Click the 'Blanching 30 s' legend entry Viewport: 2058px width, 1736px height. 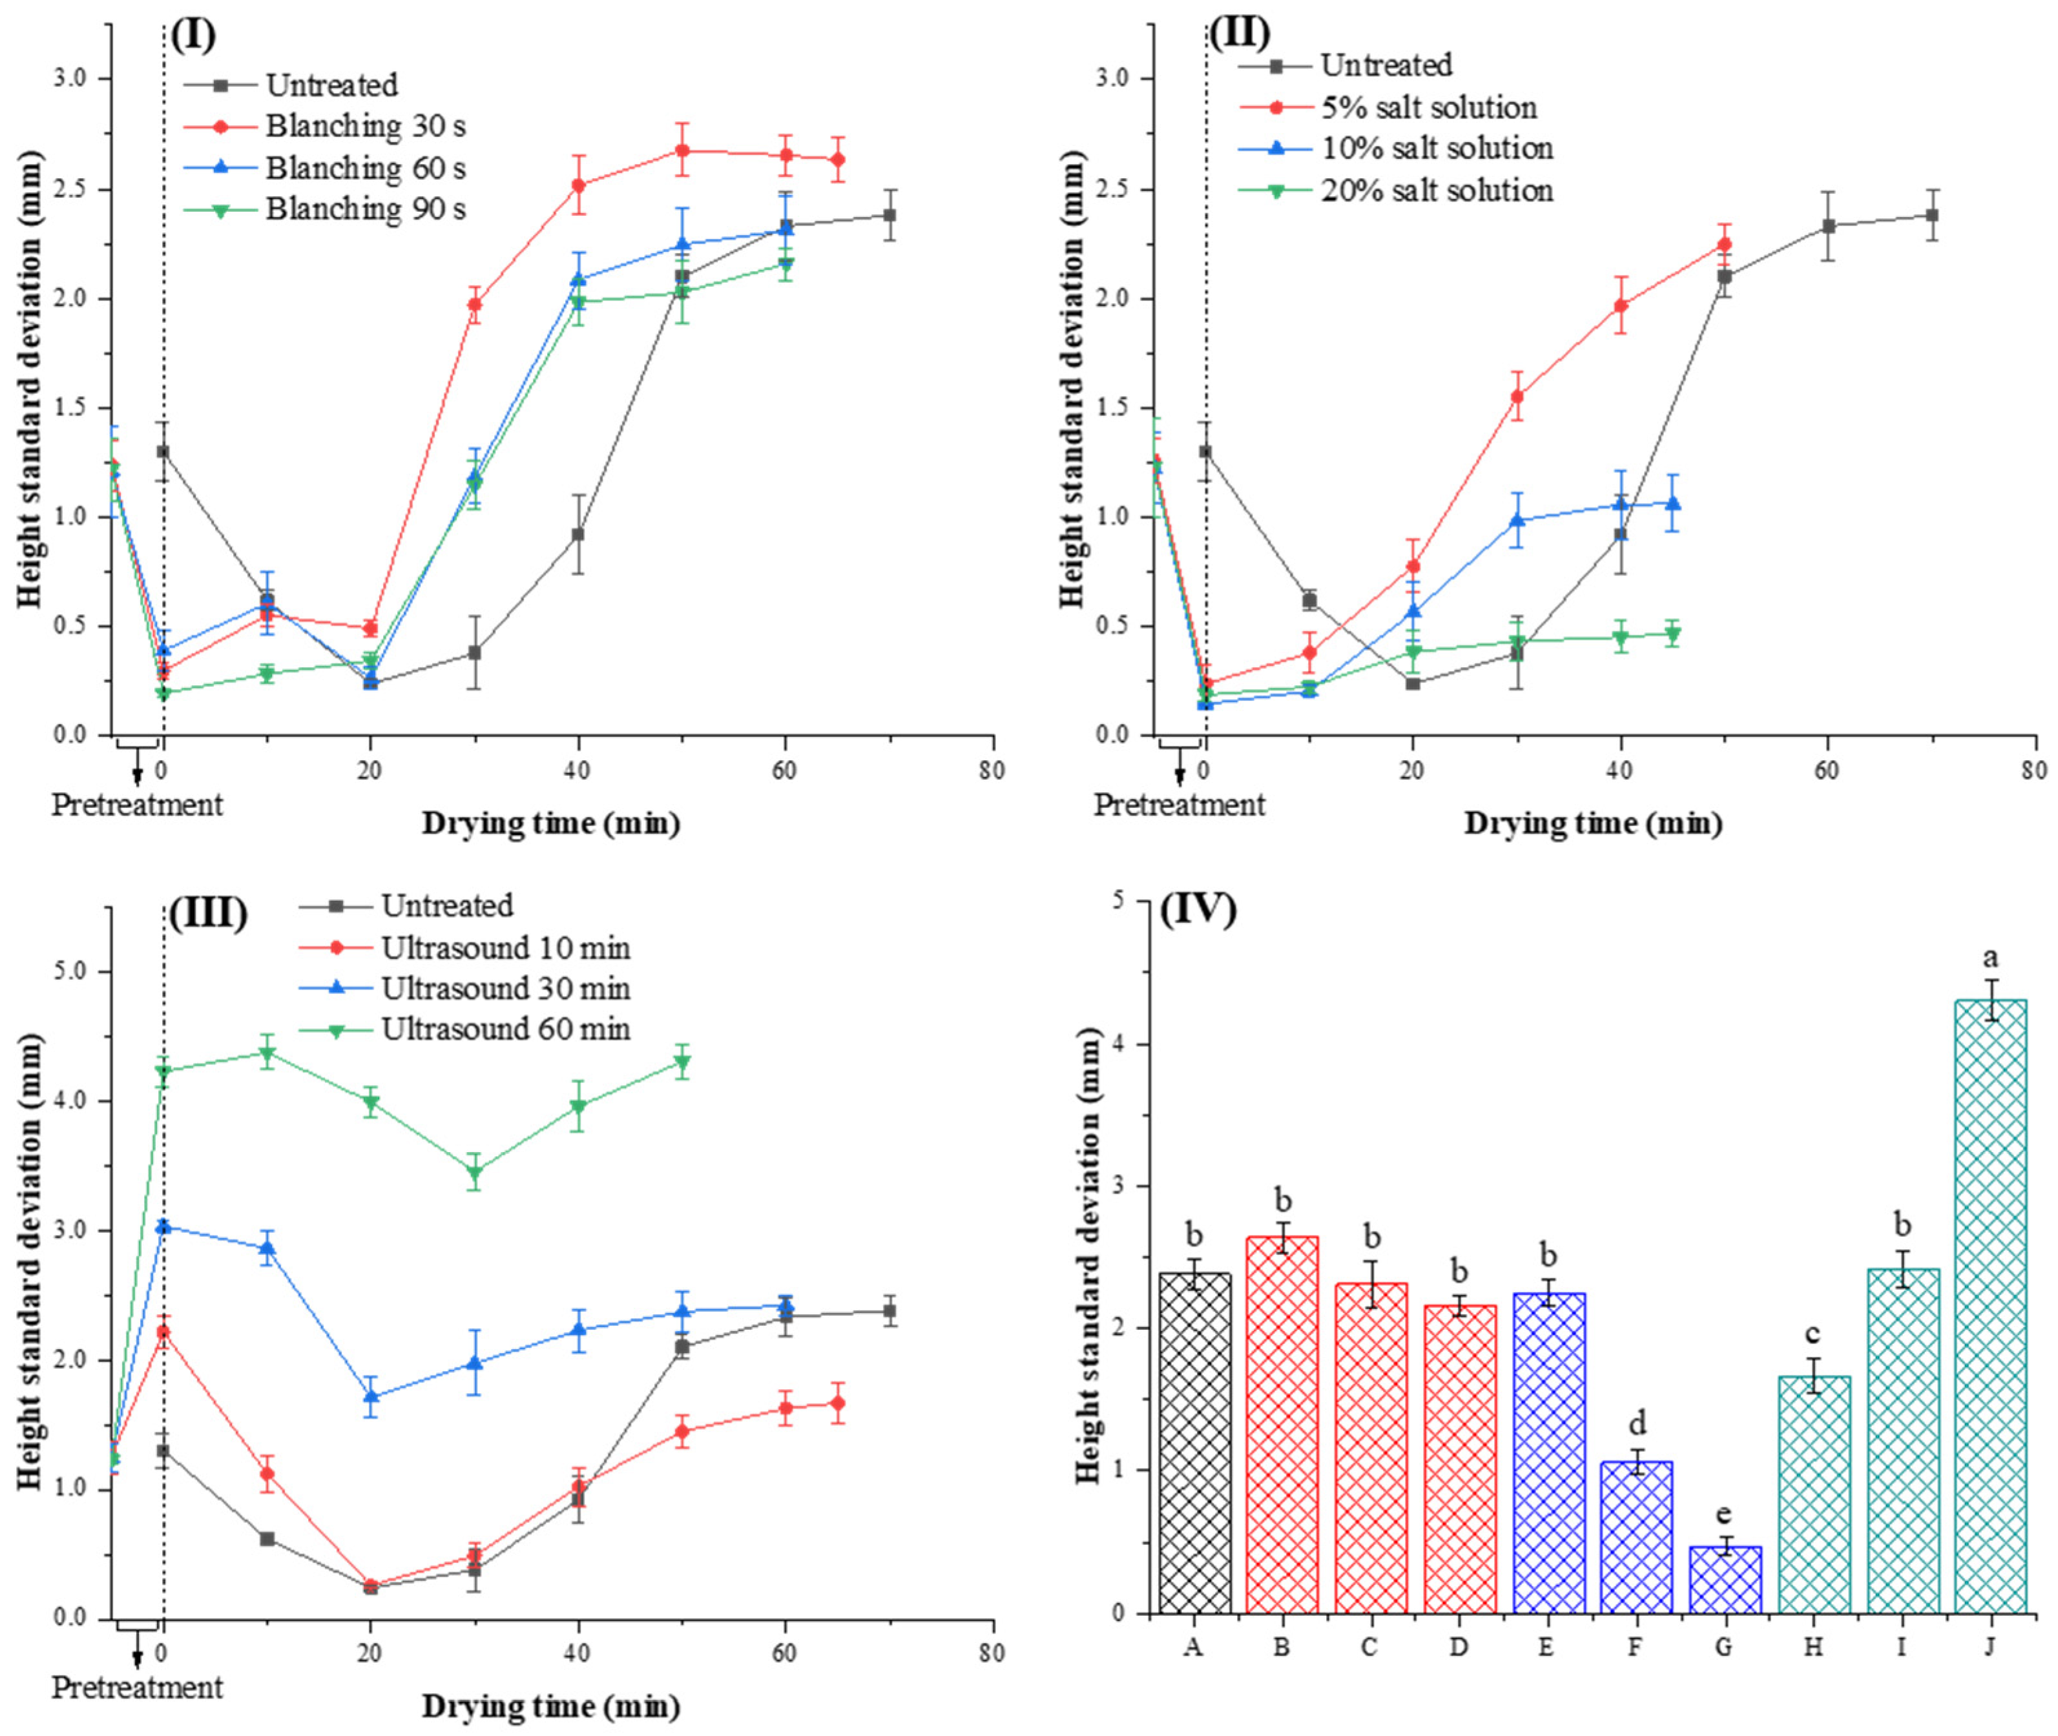[x=364, y=126]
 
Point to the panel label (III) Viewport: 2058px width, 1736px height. [x=207, y=915]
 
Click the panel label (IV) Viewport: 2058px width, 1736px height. [x=1198, y=911]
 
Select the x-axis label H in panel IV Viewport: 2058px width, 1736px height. [x=1813, y=1646]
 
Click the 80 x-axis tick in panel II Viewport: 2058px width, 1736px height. [x=2034, y=770]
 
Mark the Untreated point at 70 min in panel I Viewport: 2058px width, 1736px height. [x=889, y=216]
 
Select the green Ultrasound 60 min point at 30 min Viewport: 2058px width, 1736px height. [x=474, y=1172]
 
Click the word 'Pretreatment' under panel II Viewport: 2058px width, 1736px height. [x=1178, y=805]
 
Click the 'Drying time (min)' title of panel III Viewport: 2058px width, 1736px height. [x=550, y=1706]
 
